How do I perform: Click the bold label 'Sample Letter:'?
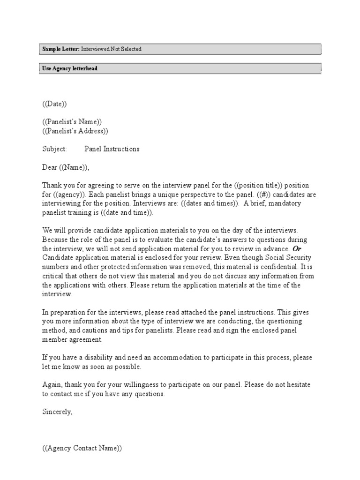[x=60, y=49]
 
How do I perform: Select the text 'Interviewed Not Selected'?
[x=111, y=49]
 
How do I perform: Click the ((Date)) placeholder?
[x=58, y=104]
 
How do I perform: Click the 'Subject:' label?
[x=55, y=149]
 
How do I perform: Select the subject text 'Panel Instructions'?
[x=112, y=149]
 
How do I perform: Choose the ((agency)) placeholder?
[x=69, y=195]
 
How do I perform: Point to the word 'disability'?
[x=97, y=358]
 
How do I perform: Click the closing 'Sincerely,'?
[x=58, y=412]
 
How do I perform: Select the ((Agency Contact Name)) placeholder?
[x=82, y=448]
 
